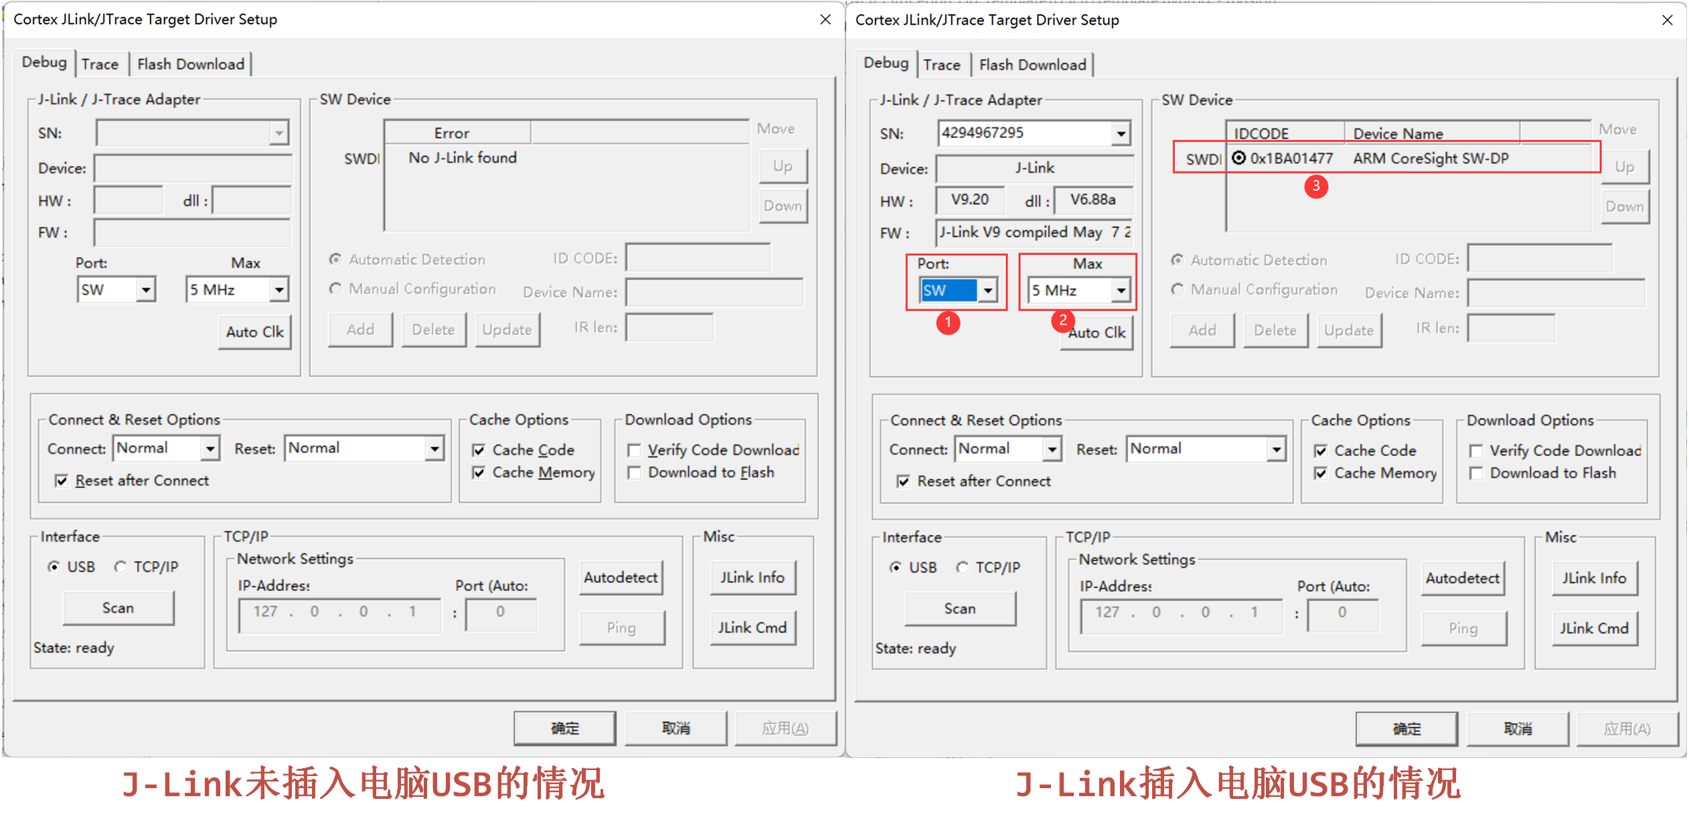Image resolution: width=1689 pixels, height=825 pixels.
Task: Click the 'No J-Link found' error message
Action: tap(463, 158)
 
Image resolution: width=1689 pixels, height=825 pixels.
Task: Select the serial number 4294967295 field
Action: tap(1024, 133)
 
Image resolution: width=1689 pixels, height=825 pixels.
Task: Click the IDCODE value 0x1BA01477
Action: tap(1291, 159)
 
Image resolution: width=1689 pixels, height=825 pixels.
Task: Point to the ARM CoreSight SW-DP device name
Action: tap(1431, 159)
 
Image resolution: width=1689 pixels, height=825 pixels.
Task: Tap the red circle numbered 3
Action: tap(1316, 185)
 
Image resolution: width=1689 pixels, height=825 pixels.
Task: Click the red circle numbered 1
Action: tap(948, 323)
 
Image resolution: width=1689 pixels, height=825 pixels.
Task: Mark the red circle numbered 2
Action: tap(1062, 321)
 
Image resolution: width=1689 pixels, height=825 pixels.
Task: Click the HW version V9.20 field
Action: tap(970, 200)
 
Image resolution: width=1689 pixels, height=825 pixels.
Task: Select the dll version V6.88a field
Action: tap(1093, 200)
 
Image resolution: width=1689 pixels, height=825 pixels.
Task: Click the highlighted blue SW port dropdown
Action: tap(949, 291)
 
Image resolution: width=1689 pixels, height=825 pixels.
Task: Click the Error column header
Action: tap(452, 133)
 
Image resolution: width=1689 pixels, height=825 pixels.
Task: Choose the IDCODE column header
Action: tap(1261, 134)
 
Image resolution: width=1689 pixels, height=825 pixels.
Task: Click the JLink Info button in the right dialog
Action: tap(1594, 578)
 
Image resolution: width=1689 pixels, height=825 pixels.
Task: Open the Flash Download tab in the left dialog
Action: tap(191, 64)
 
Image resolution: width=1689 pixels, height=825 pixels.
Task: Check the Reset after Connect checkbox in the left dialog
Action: tap(62, 481)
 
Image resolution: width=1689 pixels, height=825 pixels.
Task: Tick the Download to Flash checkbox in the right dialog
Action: tap(1475, 473)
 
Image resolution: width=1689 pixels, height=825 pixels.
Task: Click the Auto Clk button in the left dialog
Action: tap(254, 332)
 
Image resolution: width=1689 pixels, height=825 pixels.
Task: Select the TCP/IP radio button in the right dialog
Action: tap(963, 568)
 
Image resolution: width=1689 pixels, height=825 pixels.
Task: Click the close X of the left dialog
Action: tap(825, 19)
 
